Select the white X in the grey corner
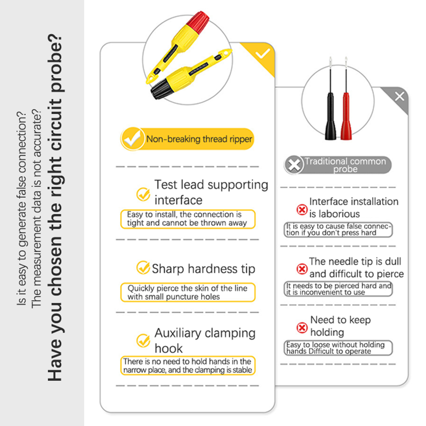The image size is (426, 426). [x=399, y=96]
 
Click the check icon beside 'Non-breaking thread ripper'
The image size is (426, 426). [x=132, y=139]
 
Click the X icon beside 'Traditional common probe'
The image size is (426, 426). [x=294, y=165]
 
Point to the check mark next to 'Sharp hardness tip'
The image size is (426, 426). [x=143, y=267]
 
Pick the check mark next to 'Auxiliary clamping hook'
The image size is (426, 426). [x=143, y=340]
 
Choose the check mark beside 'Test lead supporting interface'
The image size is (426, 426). [x=143, y=194]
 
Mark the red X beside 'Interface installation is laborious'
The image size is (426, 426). [x=302, y=210]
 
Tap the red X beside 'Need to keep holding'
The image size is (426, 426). [x=302, y=328]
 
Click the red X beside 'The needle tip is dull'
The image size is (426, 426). [x=302, y=269]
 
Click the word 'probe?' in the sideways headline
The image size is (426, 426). [x=55, y=63]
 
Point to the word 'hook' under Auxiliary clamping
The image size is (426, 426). [x=169, y=348]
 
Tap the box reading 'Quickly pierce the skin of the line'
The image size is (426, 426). [x=188, y=292]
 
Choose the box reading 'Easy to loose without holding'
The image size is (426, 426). [x=338, y=348]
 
